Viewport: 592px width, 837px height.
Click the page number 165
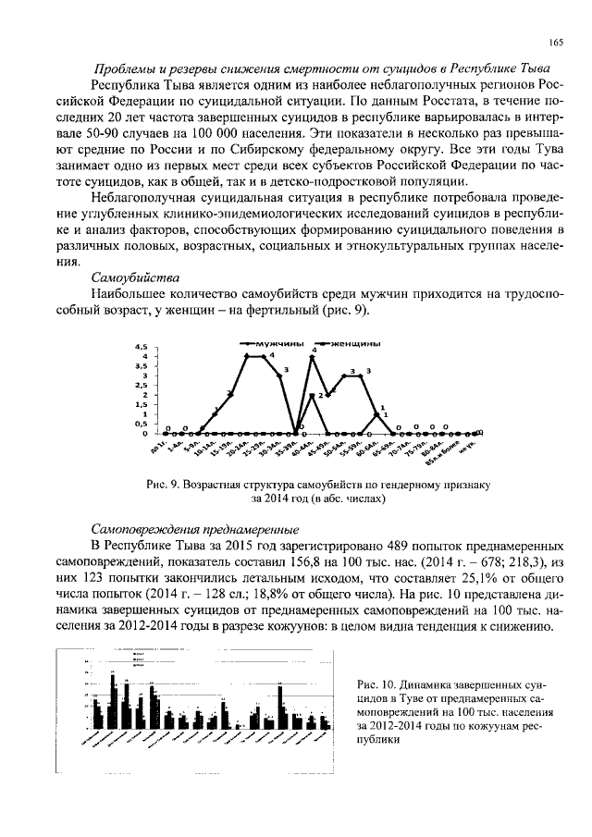(556, 43)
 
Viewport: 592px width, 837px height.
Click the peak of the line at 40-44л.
(312, 357)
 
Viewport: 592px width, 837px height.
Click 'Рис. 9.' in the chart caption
(164, 484)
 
